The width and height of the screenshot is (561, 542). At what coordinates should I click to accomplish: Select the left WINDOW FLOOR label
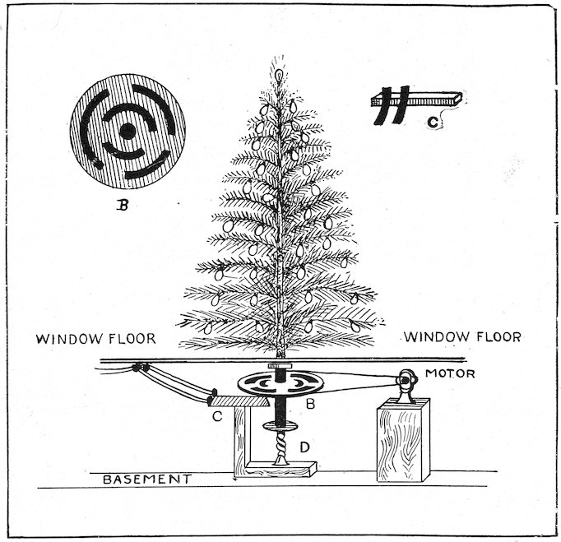click(x=95, y=337)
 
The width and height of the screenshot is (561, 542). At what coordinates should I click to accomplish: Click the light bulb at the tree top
click(x=278, y=73)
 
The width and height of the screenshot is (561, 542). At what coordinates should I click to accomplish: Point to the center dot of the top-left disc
click(x=128, y=131)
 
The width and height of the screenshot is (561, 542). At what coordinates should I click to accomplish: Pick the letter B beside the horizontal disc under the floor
click(x=311, y=405)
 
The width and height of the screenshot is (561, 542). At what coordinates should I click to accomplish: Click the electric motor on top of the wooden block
click(x=405, y=385)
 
